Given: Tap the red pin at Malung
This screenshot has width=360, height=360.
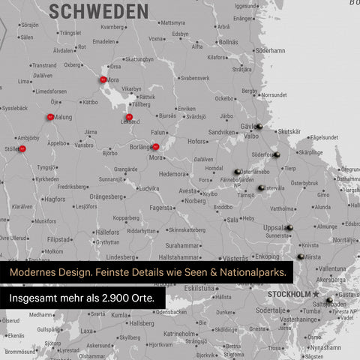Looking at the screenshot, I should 50,117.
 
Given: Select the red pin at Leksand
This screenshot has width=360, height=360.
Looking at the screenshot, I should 129,117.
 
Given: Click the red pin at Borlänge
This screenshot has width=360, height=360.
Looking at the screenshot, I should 155,147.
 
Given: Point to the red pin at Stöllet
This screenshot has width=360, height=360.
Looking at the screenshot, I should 22,149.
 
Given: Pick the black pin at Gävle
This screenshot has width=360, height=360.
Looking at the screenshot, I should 259,126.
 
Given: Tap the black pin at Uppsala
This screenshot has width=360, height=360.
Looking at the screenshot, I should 289,227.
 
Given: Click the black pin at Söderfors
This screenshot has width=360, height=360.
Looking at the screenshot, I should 277,154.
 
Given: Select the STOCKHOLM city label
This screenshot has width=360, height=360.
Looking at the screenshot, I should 289,294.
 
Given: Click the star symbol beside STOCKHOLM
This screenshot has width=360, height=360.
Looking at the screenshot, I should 316,293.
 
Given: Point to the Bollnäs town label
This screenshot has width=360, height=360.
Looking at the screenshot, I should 228,42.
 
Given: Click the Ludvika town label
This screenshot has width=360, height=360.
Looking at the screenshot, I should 148,188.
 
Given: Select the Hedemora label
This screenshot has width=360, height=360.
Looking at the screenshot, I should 173,173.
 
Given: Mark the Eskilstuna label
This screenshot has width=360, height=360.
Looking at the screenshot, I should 201,288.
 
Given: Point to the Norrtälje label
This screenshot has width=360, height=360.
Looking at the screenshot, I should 346,240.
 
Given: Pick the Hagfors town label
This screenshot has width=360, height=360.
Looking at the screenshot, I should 55,199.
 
